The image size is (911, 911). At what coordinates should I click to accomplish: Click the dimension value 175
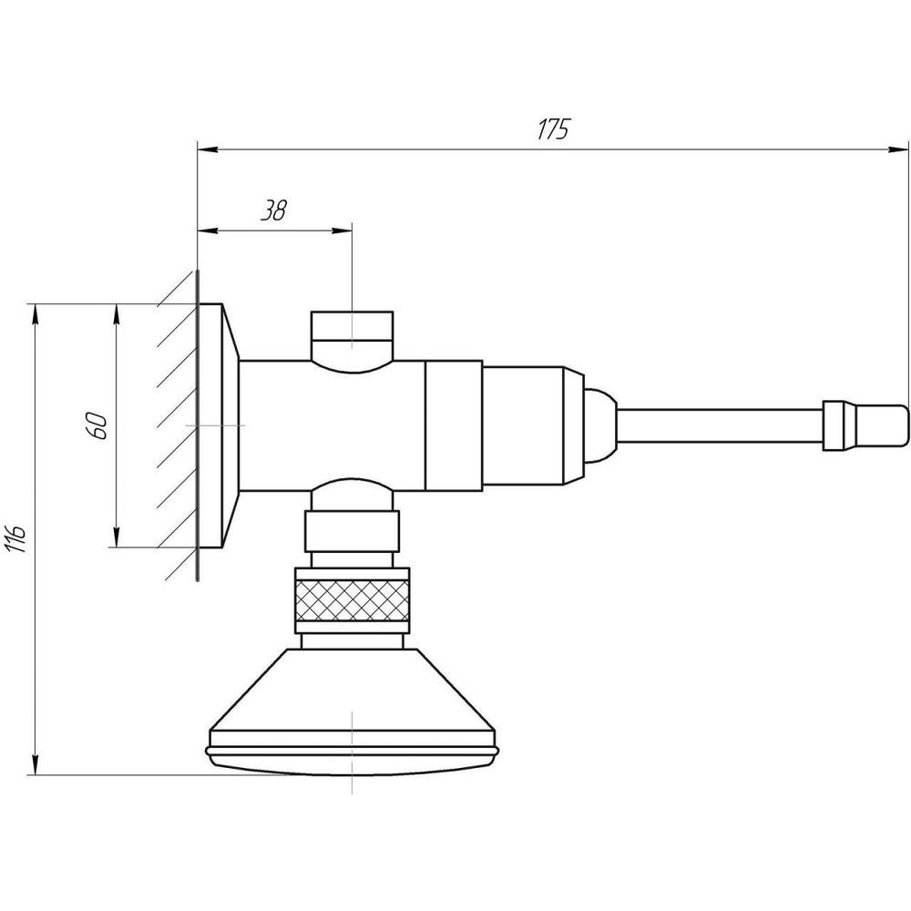point(553,128)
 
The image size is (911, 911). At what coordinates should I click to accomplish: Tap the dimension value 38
point(273,210)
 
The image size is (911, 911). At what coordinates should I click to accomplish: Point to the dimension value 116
point(16,538)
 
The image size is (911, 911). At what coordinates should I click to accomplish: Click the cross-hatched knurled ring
point(352,600)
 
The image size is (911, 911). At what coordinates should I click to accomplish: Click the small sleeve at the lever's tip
point(865,425)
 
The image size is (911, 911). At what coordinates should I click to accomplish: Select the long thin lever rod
point(720,425)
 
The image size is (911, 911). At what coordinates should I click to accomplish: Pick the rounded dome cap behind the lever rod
point(599,425)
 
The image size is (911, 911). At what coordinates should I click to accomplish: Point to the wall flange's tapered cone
point(230,425)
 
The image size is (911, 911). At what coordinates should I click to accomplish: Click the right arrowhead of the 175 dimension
point(899,150)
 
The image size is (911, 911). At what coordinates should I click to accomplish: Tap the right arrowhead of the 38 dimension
point(342,231)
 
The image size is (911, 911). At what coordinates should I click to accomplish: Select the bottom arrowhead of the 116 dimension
point(36,763)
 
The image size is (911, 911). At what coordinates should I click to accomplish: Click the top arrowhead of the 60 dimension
point(117,315)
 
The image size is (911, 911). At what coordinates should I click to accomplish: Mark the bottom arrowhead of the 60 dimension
point(117,537)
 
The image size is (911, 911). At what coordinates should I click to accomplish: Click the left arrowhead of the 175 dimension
point(209,150)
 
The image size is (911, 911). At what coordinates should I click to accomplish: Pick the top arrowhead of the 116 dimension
point(36,315)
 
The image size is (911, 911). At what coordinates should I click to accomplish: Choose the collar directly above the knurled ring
point(352,531)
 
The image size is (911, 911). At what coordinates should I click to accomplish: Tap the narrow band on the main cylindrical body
point(454,425)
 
